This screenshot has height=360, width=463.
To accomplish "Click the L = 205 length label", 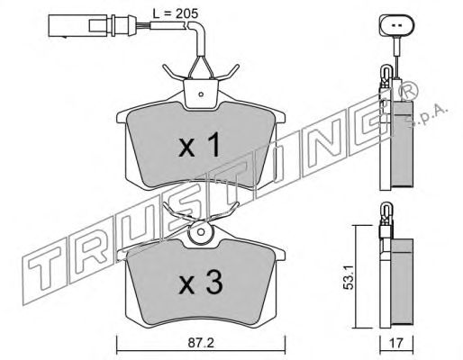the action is tap(176, 13).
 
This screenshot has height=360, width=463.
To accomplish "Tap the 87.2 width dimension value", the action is tap(201, 343).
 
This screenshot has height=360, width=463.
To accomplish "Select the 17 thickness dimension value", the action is tap(396, 343).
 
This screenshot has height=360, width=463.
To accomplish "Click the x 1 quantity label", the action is tap(199, 146).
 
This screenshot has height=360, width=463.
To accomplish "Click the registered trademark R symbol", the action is tap(407, 90).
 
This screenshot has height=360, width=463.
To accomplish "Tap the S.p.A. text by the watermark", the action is tap(426, 116).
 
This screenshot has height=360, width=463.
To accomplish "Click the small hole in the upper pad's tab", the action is tap(201, 94).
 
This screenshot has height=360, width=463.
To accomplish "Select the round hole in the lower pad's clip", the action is tap(201, 232).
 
